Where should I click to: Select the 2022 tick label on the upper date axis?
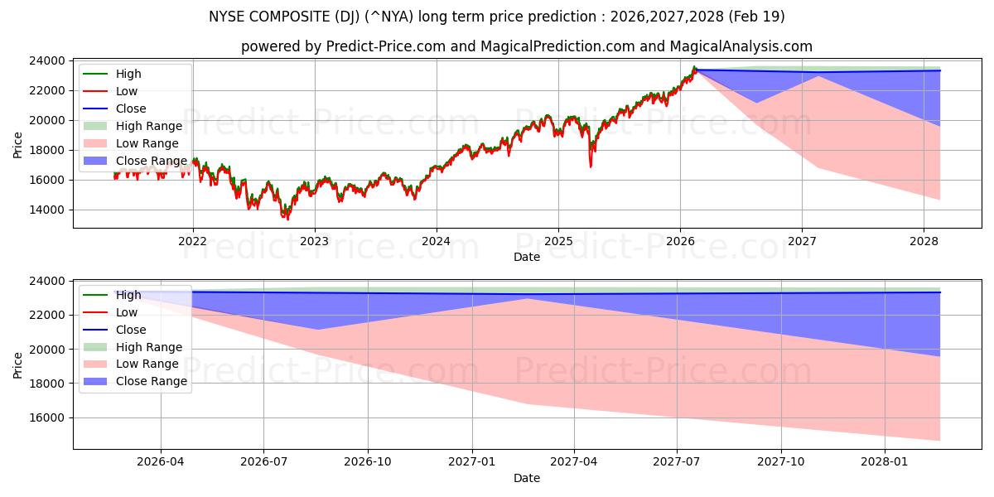click(193, 241)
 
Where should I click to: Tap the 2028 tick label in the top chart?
click(924, 241)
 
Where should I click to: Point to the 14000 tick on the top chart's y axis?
click(49, 210)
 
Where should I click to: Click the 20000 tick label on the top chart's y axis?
click(49, 120)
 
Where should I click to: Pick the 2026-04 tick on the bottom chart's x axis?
click(161, 462)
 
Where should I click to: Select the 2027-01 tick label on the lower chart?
click(472, 462)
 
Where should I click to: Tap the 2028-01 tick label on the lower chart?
click(885, 462)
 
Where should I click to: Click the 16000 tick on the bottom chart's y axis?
click(49, 418)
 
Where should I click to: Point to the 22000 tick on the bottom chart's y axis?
click(49, 316)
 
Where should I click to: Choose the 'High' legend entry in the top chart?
click(128, 74)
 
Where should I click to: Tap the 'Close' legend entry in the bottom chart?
click(131, 330)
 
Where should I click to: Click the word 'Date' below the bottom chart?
click(526, 478)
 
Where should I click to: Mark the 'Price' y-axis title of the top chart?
click(18, 144)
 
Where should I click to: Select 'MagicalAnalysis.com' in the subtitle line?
click(744, 46)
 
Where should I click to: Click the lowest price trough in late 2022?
click(287, 219)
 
